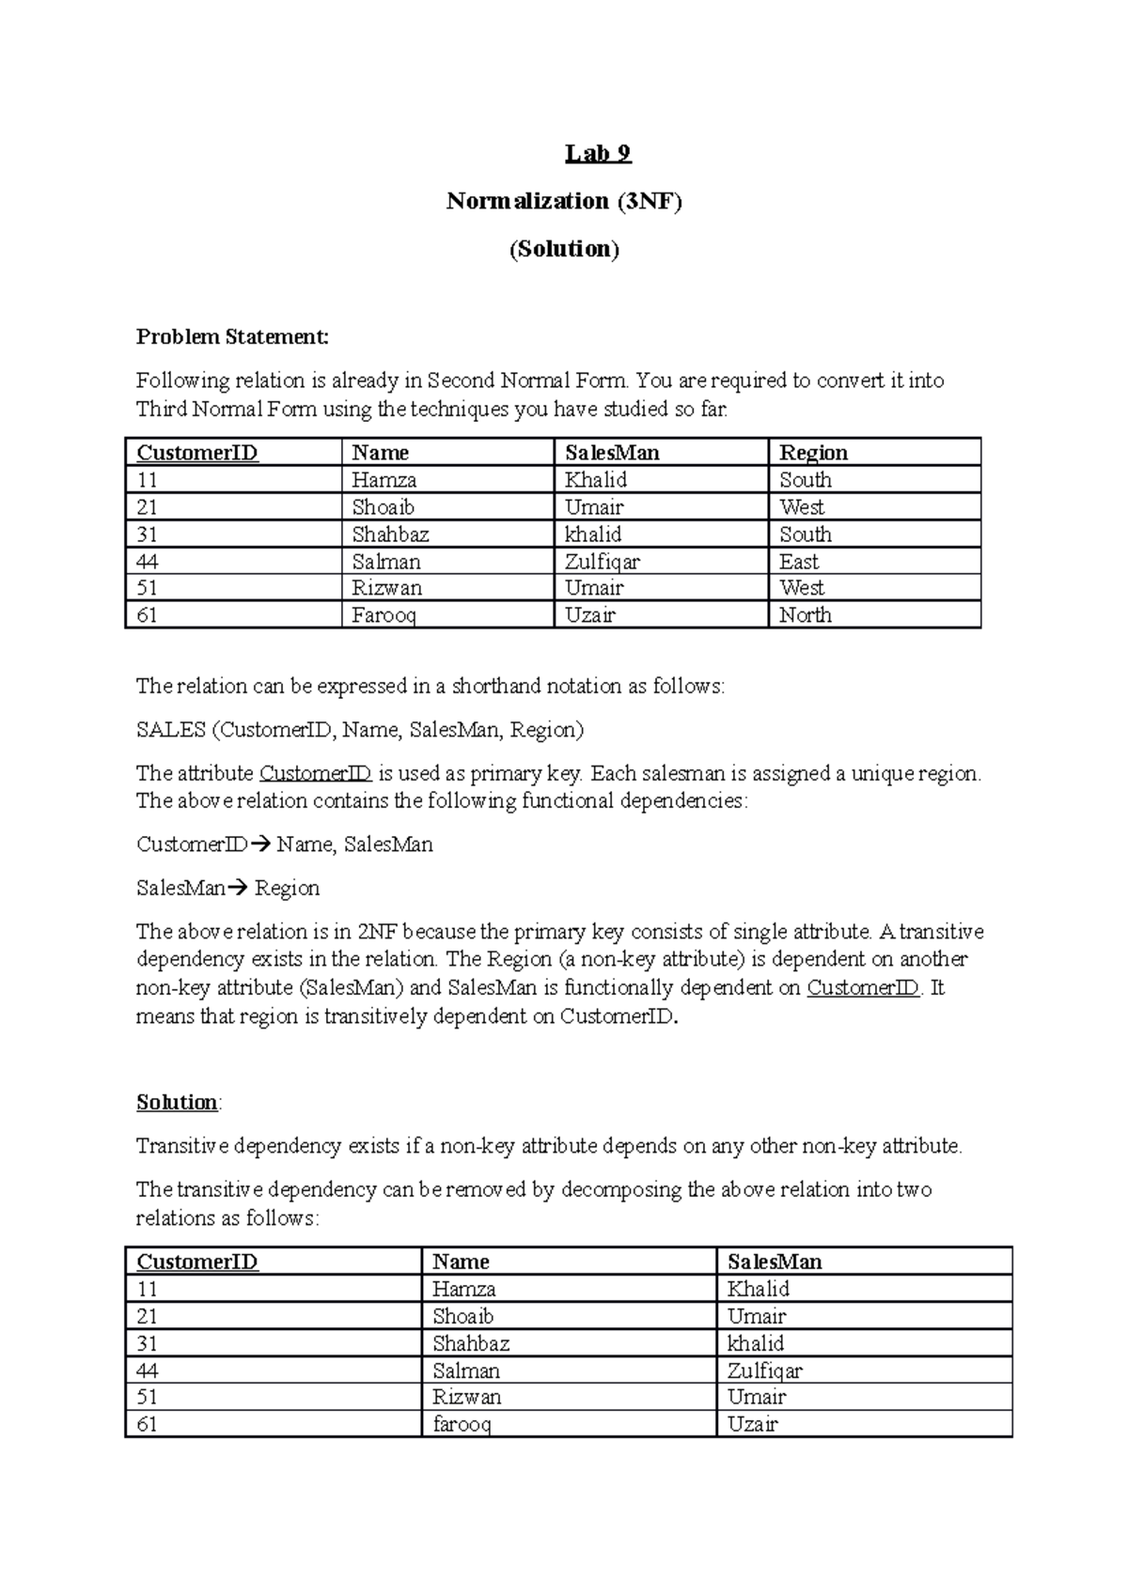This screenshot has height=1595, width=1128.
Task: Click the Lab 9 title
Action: tap(598, 153)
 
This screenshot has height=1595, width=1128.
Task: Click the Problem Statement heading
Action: tap(232, 336)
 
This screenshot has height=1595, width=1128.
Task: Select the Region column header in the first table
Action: tap(813, 453)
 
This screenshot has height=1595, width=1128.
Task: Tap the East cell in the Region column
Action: tap(799, 562)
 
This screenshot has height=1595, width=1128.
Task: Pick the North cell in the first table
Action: tap(806, 615)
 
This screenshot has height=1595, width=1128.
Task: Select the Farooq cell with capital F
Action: tap(384, 615)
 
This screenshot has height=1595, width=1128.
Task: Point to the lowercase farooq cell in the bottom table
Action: tap(462, 1424)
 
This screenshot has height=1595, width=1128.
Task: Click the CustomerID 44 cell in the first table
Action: tap(148, 562)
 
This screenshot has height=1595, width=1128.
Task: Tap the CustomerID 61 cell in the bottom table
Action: tap(148, 1424)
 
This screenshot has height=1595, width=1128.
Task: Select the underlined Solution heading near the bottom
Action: tap(177, 1102)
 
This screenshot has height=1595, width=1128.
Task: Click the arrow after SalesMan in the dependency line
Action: tap(237, 889)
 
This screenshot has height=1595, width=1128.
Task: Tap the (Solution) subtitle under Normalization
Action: tap(564, 249)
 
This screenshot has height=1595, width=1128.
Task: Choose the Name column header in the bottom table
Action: tap(461, 1262)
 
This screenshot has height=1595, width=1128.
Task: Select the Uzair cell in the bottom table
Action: tap(753, 1424)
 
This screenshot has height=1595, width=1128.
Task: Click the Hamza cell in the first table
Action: tap(384, 480)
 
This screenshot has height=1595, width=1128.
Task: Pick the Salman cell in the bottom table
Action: tap(466, 1370)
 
